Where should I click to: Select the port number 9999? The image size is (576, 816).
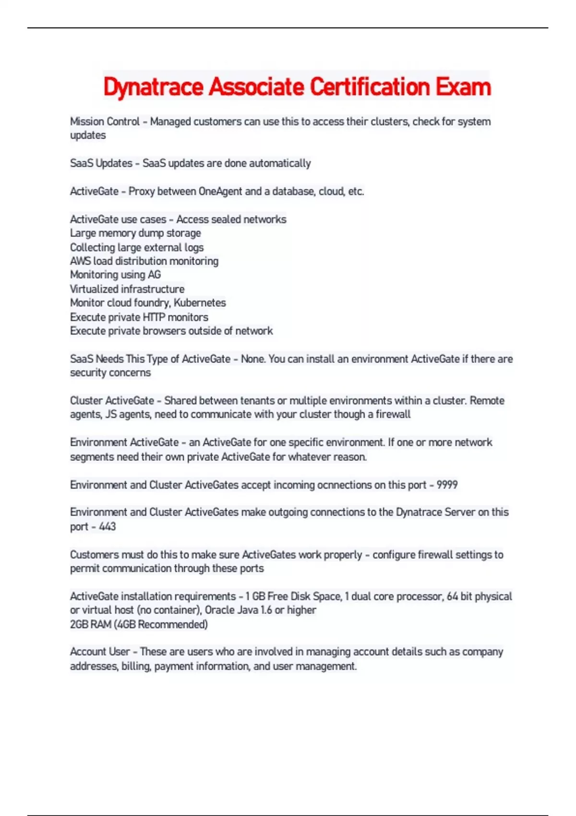point(447,485)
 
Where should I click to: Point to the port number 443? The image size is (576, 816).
point(108,527)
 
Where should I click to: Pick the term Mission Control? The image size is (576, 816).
point(105,121)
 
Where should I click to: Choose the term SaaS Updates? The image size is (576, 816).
point(101,163)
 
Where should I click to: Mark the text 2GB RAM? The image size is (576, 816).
point(91,624)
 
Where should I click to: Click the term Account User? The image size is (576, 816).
point(100,652)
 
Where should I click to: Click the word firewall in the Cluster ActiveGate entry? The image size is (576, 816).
point(393,414)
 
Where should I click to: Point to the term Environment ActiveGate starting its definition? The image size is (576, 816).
point(124,442)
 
